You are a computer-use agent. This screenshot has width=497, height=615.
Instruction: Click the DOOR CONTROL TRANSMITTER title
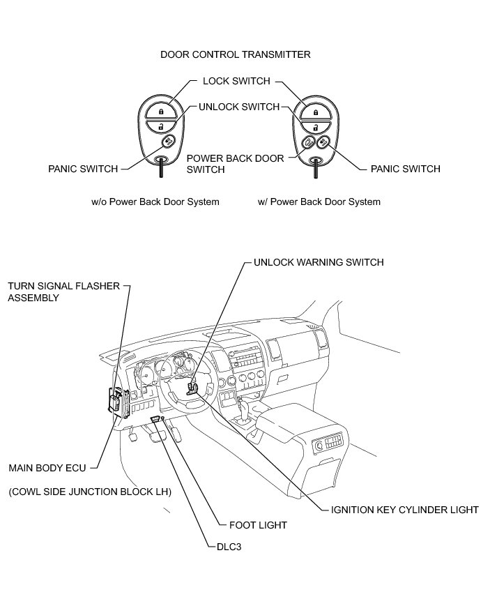[x=235, y=54]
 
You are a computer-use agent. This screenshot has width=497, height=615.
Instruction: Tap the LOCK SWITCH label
[x=236, y=81]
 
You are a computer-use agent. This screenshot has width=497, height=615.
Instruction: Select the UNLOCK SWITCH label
[x=239, y=107]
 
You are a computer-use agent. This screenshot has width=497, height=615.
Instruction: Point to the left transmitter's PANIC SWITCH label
[x=82, y=169]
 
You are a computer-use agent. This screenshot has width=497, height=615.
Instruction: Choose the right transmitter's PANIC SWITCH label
[x=405, y=169]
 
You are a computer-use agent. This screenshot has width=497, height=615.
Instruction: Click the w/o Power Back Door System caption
[x=155, y=202]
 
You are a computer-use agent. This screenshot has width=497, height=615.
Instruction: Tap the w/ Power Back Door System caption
[x=319, y=202]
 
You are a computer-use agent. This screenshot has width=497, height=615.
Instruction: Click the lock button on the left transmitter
[x=160, y=111]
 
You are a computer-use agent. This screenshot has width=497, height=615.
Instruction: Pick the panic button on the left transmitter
[x=169, y=142]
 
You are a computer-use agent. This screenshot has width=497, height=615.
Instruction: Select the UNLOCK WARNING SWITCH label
[x=319, y=263]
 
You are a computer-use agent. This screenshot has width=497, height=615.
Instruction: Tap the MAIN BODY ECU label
[x=47, y=468]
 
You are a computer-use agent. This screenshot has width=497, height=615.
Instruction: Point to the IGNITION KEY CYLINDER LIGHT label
[x=404, y=510]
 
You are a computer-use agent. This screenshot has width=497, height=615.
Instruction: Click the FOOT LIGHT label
[x=257, y=525]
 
